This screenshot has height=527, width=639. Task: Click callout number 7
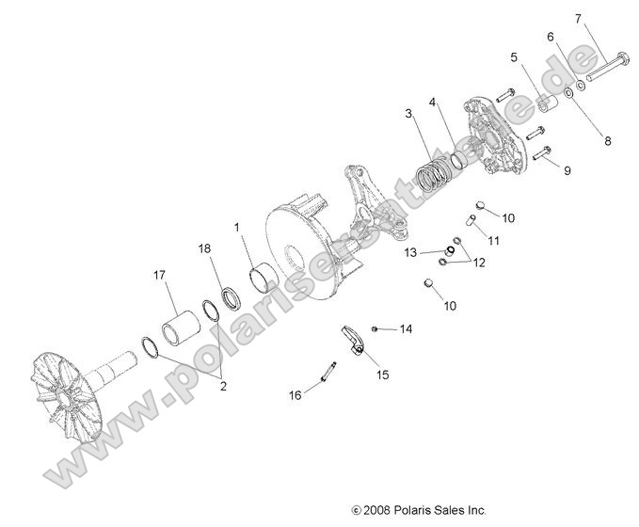point(579,18)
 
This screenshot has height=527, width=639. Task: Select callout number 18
point(205,248)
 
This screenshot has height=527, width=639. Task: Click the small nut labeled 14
point(375,327)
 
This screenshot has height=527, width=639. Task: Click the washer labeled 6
point(582,86)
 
